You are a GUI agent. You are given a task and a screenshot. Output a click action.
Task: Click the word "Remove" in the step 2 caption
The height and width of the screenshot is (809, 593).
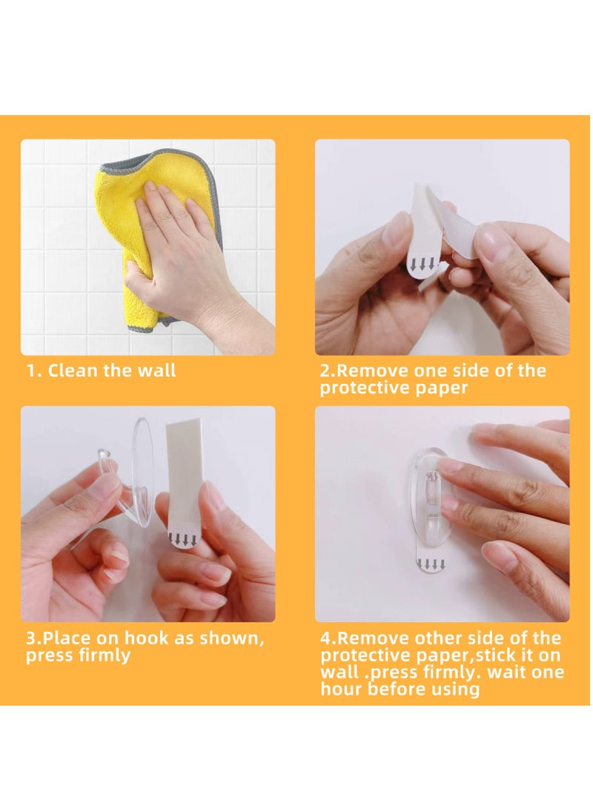pos(372,371)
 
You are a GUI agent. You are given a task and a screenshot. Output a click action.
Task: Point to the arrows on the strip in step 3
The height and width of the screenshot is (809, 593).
pos(183,540)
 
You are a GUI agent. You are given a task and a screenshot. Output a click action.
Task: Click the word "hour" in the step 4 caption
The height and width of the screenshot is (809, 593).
pos(342,690)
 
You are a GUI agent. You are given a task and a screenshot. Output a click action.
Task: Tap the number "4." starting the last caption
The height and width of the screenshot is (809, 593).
pos(328,638)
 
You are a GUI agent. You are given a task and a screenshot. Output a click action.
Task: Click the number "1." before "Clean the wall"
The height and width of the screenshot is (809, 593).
pos(35,371)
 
